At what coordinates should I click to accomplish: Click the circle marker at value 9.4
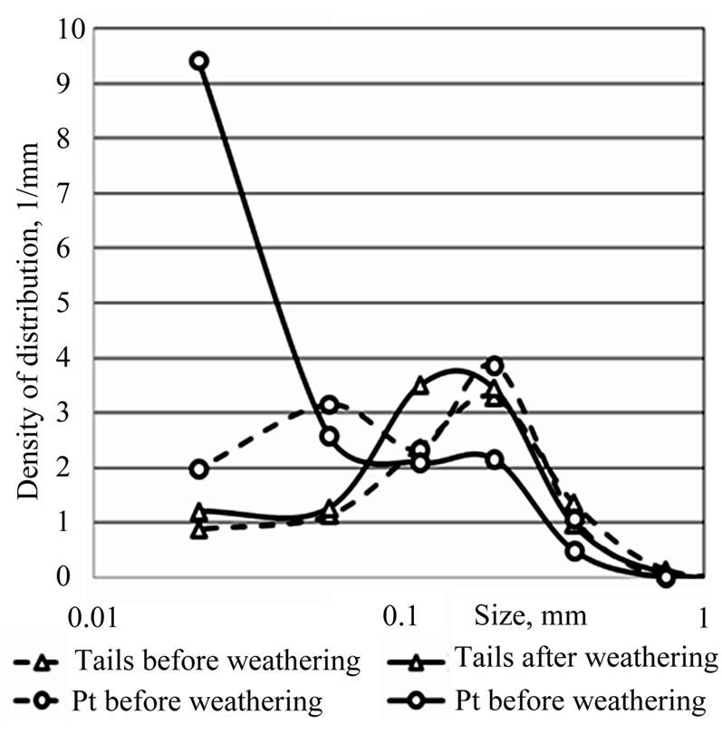click(x=199, y=61)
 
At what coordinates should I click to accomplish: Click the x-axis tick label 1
click(x=704, y=617)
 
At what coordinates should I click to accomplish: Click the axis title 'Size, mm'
click(x=531, y=617)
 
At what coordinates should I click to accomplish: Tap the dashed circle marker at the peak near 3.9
click(x=495, y=365)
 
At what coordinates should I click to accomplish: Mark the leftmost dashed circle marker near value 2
click(x=199, y=468)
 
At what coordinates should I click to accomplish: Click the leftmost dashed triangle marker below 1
click(x=199, y=529)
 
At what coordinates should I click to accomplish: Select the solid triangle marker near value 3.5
click(x=419, y=385)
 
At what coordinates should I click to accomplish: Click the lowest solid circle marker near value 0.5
click(x=574, y=550)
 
